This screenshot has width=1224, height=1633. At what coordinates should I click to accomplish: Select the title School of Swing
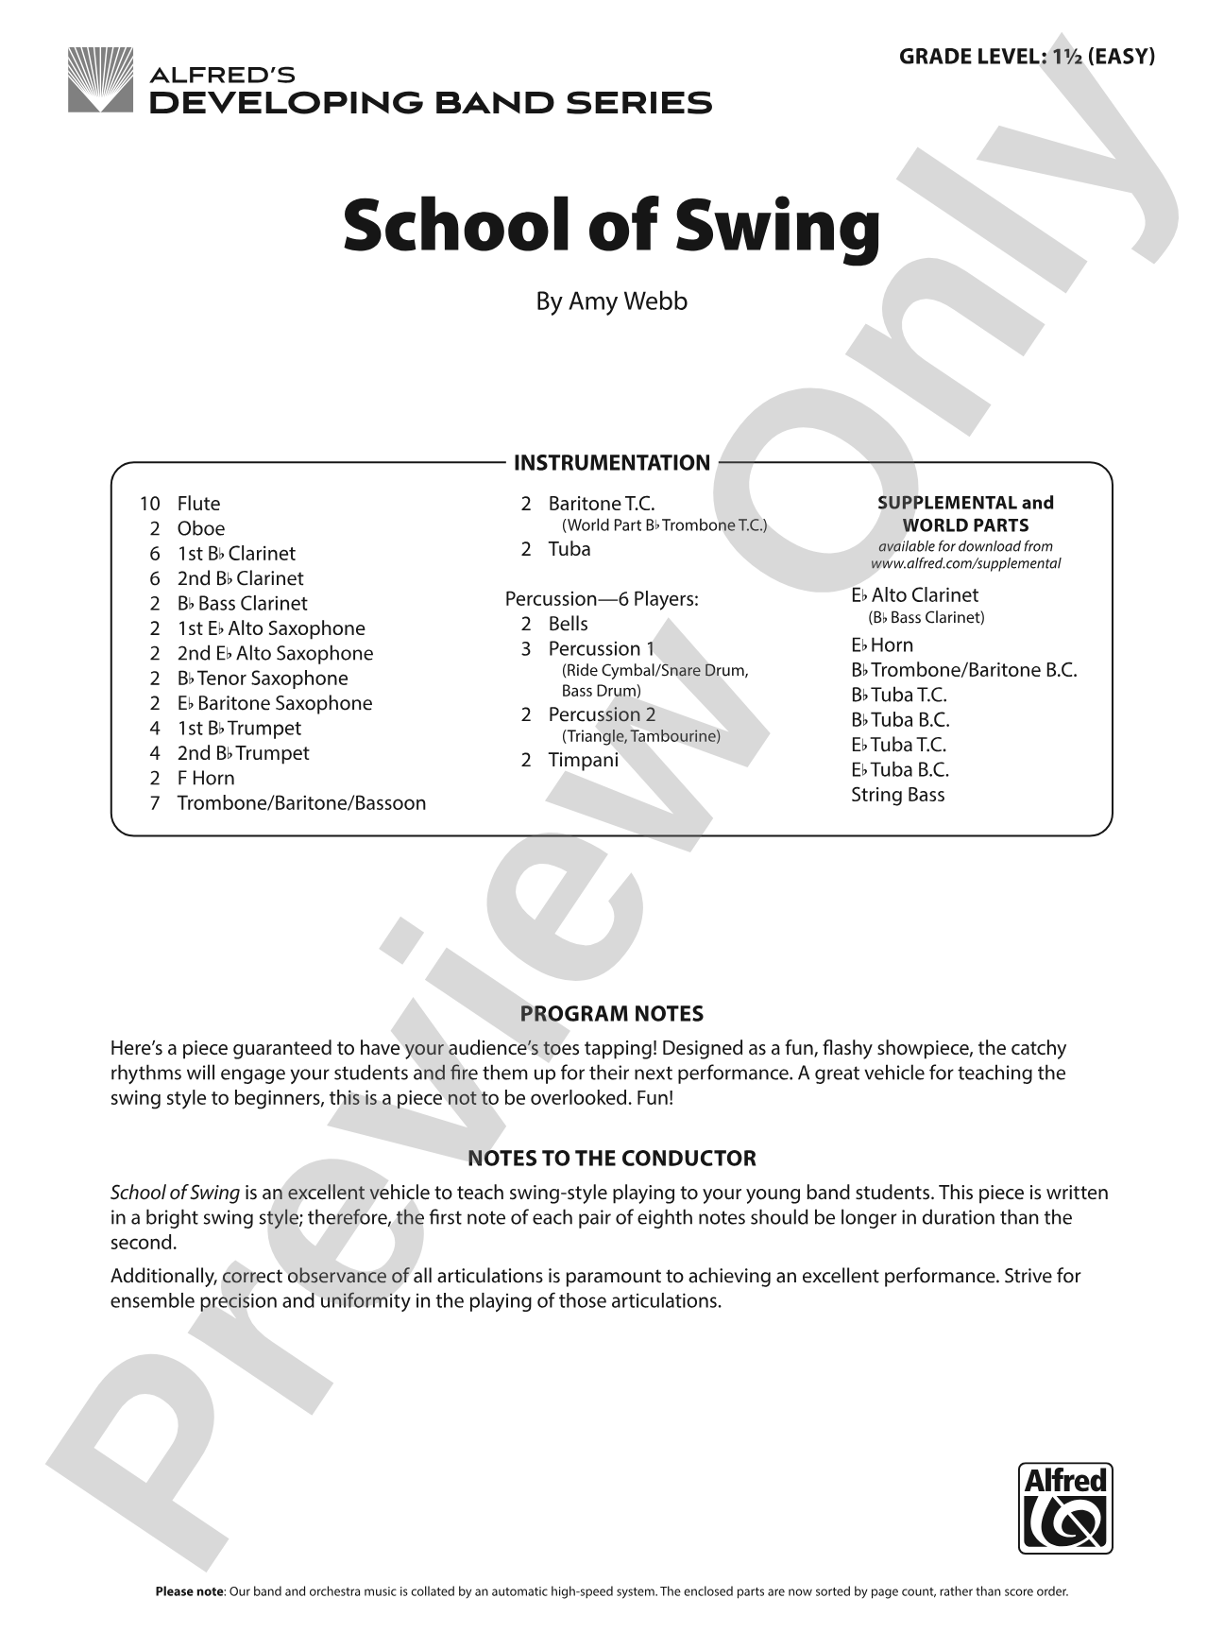611,228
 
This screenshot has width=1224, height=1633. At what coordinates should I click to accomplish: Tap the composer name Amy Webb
611,301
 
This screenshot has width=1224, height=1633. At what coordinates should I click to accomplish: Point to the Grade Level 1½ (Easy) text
1027,56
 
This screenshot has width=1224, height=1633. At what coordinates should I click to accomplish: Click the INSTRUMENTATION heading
611,463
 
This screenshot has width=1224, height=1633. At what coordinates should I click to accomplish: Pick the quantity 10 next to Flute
150,504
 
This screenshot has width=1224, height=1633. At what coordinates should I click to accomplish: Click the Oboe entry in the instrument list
201,528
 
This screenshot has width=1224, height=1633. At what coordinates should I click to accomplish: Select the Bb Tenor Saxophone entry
263,679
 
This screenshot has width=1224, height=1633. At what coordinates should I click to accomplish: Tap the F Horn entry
206,778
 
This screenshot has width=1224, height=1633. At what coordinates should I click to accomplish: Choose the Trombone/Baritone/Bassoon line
301,803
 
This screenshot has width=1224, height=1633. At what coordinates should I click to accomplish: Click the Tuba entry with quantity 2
569,549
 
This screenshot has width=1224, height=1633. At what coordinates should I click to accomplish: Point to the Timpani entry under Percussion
584,760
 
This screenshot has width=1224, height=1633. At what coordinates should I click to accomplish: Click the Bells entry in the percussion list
568,624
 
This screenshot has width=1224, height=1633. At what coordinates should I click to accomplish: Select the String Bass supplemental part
897,795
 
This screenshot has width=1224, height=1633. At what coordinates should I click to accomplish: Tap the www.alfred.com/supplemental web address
965,563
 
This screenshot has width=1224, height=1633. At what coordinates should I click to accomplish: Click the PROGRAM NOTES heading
611,1014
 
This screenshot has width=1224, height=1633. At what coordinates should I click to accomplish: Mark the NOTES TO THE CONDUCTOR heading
611,1159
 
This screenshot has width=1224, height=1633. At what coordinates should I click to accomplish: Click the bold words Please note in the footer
189,1591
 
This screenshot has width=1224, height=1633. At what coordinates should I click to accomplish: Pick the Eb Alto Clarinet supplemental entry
914,595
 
